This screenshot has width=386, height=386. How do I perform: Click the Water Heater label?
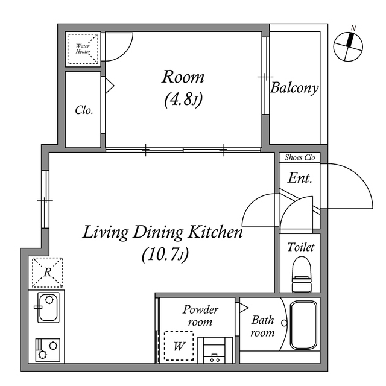click(x=83, y=49)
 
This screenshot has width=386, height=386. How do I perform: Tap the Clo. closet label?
click(x=84, y=110)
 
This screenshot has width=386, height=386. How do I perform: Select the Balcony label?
click(x=294, y=88)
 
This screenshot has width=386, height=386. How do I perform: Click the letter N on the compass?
click(x=353, y=28)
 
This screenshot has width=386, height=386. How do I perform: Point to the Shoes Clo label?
click(x=300, y=157)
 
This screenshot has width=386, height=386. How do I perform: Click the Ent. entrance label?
click(x=300, y=178)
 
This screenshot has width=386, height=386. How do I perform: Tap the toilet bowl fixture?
click(x=302, y=274)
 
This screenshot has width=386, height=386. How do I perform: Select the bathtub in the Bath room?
click(x=303, y=325)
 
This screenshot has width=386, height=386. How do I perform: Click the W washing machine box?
click(x=179, y=346)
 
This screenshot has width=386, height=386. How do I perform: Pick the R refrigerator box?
click(x=47, y=273)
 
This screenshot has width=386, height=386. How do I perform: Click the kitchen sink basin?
click(x=48, y=308)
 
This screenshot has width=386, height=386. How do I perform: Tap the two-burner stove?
click(x=48, y=350)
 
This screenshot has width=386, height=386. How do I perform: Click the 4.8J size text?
click(x=183, y=100)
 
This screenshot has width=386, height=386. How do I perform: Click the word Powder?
click(x=200, y=309)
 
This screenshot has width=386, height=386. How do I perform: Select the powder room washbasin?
click(x=215, y=350)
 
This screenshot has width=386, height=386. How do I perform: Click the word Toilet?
click(x=300, y=247)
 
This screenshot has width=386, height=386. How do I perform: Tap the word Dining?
click(x=158, y=233)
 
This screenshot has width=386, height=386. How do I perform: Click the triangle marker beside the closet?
click(x=110, y=86)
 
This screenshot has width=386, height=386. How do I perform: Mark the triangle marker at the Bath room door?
click(x=244, y=308)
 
